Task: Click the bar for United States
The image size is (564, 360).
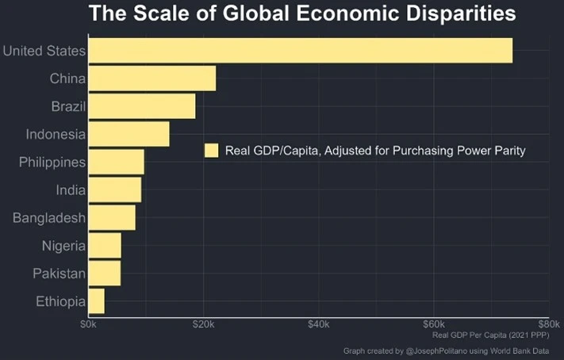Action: [x=300, y=51]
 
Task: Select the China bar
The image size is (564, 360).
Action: [x=152, y=79]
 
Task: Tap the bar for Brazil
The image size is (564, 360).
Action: [x=141, y=106]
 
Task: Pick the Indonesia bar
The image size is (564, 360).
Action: [x=129, y=134]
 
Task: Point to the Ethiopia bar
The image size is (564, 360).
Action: [x=96, y=301]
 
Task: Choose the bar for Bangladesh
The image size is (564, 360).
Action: [x=111, y=217]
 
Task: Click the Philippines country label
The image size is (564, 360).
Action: [x=52, y=163]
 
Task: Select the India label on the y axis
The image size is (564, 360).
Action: [x=70, y=190]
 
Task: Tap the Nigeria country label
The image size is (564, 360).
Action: [x=63, y=246]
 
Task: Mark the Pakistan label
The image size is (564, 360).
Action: [x=59, y=274]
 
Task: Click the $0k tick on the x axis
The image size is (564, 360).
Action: [x=88, y=324]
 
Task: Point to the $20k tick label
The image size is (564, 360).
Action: [x=203, y=324]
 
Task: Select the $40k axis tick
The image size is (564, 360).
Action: [x=318, y=324]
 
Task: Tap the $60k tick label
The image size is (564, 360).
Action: [x=433, y=324]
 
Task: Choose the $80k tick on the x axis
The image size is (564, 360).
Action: [x=548, y=324]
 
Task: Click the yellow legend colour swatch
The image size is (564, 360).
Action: [x=211, y=151]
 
